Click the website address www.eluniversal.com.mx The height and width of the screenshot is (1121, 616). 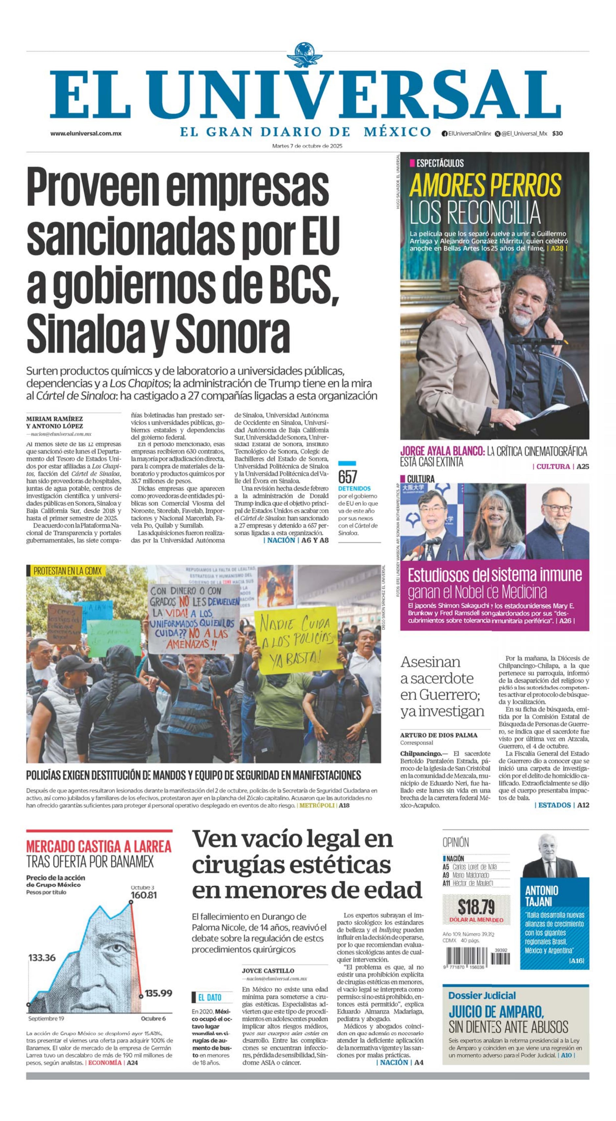pyautogui.click(x=86, y=134)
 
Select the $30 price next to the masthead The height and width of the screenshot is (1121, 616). pyautogui.click(x=557, y=134)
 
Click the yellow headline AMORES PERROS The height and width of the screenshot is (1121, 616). pyautogui.click(x=485, y=185)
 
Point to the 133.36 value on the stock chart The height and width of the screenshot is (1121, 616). pyautogui.click(x=42, y=958)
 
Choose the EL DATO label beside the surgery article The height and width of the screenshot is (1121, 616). pyautogui.click(x=209, y=998)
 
